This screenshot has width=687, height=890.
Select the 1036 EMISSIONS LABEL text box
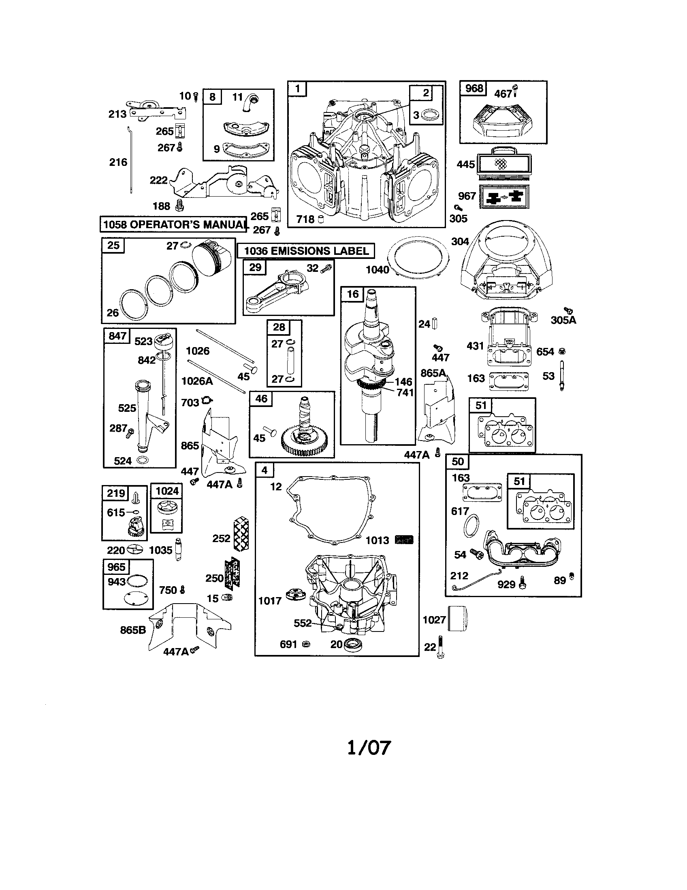[x=306, y=251]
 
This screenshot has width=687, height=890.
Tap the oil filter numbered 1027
[x=457, y=619]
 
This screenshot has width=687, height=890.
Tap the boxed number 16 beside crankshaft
[x=352, y=294]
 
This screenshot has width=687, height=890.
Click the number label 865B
[x=133, y=630]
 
